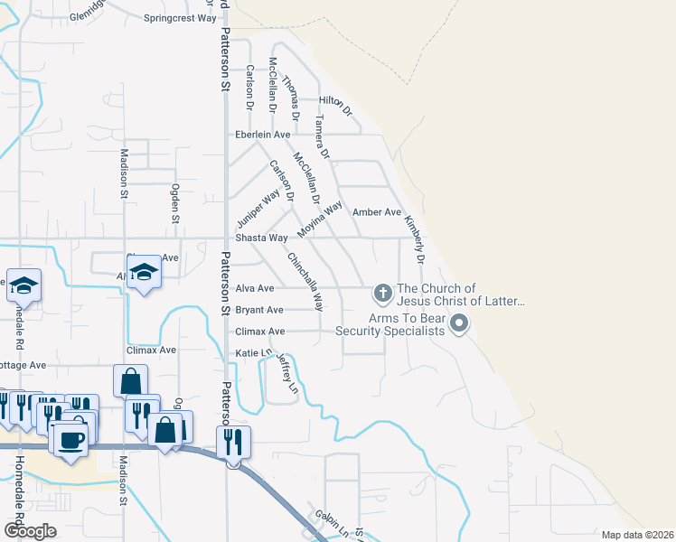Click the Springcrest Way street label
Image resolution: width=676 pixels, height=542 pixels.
click(182, 17)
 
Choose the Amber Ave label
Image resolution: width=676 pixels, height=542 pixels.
click(376, 212)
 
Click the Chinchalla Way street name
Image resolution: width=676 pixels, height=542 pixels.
click(305, 281)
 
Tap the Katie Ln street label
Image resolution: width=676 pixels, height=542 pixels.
click(253, 352)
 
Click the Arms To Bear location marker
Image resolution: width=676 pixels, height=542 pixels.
click(459, 322)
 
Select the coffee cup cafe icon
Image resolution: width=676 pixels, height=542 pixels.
click(71, 439)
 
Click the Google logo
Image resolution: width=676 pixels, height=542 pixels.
click(30, 531)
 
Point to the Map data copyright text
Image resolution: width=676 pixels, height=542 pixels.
click(637, 535)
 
